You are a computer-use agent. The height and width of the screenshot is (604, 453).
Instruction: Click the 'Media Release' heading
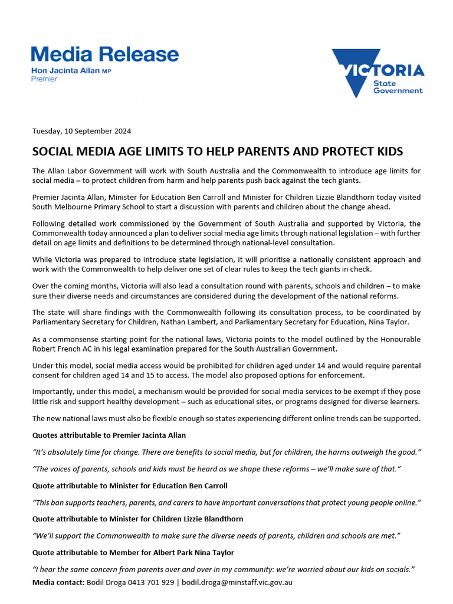click(x=104, y=55)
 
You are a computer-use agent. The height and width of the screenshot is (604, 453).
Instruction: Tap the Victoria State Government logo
click(x=377, y=73)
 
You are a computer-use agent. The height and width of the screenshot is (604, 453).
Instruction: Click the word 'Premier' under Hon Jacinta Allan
click(x=44, y=79)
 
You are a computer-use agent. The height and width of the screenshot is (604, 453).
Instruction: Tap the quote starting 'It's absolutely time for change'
click(x=226, y=452)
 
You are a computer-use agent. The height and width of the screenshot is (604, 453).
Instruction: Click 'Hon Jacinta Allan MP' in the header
click(x=71, y=71)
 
